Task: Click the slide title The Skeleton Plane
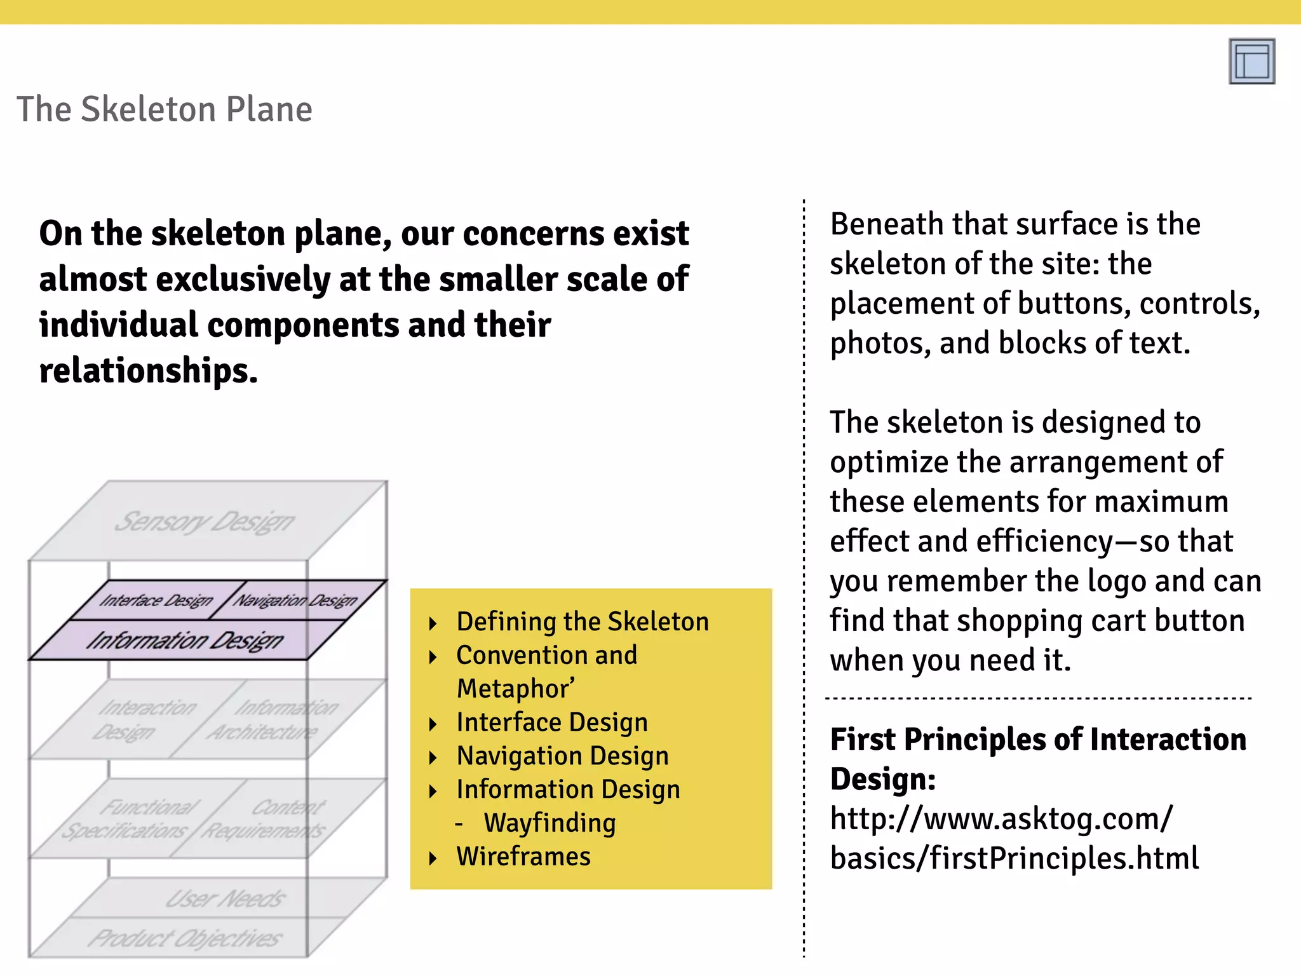pyautogui.click(x=165, y=109)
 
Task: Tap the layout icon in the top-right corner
pyautogui.click(x=1251, y=61)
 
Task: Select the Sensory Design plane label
pyautogui.click(x=205, y=522)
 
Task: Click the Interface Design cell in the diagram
pyautogui.click(x=156, y=600)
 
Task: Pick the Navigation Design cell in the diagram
pyautogui.click(x=296, y=600)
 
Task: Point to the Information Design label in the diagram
pyautogui.click(x=185, y=640)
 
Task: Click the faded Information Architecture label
pyautogui.click(x=273, y=720)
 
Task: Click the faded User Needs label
pyautogui.click(x=226, y=898)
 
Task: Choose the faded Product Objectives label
pyautogui.click(x=185, y=939)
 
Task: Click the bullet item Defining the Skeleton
pyautogui.click(x=583, y=621)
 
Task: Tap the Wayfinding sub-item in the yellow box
pyautogui.click(x=549, y=823)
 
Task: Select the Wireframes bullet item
pyautogui.click(x=523, y=857)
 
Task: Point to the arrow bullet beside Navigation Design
pyautogui.click(x=433, y=757)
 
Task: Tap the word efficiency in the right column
pyautogui.click(x=1044, y=541)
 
